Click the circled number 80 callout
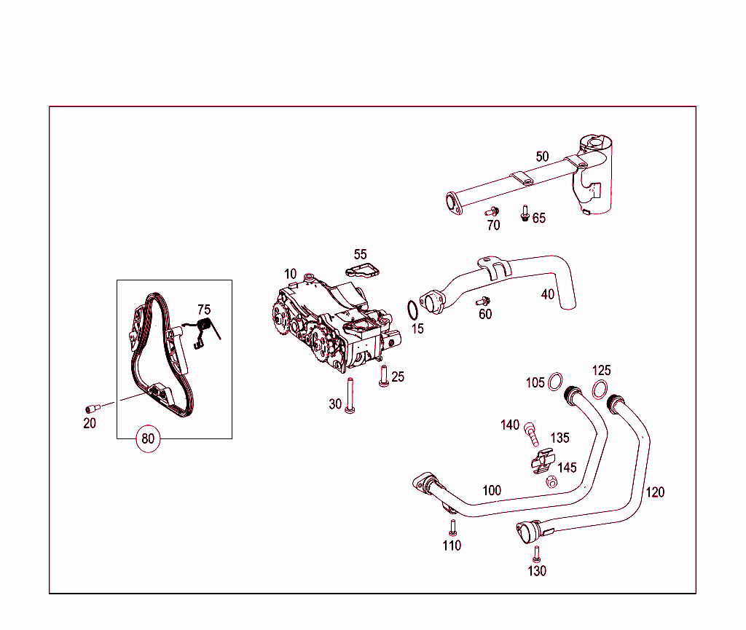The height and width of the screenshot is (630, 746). pos(148,439)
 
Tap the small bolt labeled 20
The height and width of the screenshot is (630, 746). pos(93,408)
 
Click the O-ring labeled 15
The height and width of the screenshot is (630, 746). pos(412,310)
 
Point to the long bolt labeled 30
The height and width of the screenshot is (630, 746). pos(350,398)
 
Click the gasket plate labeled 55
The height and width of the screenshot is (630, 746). pos(363,272)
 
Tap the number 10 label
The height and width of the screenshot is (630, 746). pos(291,274)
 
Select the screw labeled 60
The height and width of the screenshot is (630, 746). pos(482,301)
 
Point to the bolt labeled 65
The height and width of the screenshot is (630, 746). pos(524,213)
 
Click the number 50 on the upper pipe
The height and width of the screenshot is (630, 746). pos(542,157)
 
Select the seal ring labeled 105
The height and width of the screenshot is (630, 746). pos(556,381)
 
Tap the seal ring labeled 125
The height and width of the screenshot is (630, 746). pos(600,389)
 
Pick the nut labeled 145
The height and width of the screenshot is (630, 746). pos(551,481)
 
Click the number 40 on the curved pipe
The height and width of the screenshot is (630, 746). pos(547,294)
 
